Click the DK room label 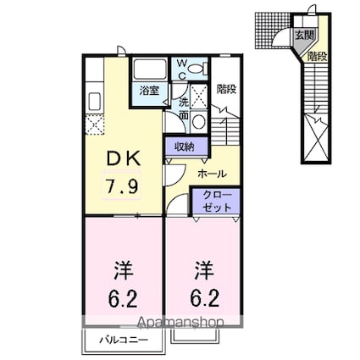pos(123,158)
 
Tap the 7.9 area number pos(122,186)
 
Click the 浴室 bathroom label pos(150,91)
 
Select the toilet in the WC pos(197,69)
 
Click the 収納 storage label pos(186,147)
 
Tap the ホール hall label pos(212,174)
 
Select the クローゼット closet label pos(217,201)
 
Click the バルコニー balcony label pos(123,340)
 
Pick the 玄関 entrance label pos(304,36)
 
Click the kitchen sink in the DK pos(95,102)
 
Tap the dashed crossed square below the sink pos(95,125)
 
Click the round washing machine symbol pos(199,122)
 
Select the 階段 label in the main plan pos(226,89)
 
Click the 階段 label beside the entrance pos(318,57)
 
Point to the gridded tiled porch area pos(274,30)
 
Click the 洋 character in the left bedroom pos(124,270)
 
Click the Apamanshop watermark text pos(180,323)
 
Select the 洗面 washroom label pos(184,108)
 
